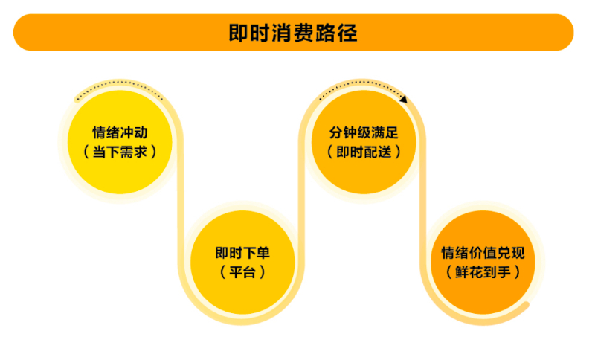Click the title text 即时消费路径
coord(294,33)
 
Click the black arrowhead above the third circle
coord(403,98)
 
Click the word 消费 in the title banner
coord(294,33)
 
